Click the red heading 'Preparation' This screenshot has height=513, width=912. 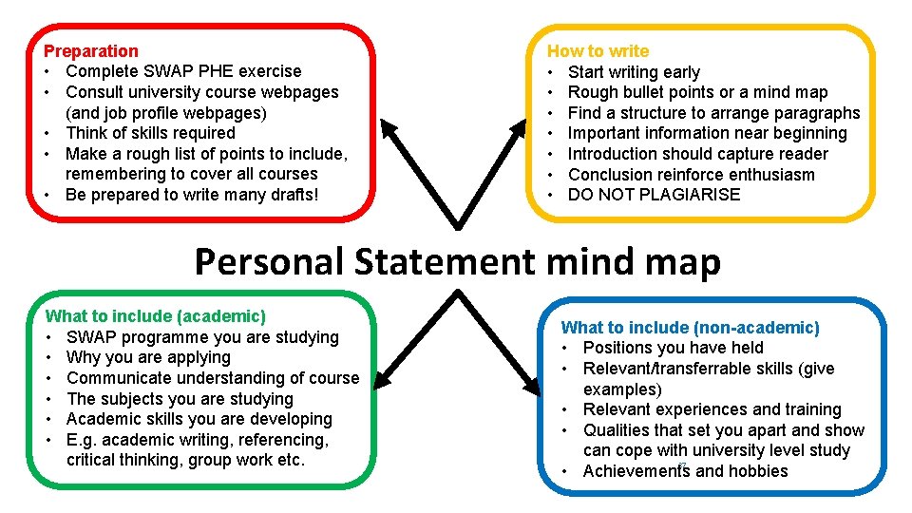[91, 51]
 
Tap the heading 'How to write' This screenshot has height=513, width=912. [598, 51]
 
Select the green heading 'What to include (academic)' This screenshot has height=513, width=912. [156, 316]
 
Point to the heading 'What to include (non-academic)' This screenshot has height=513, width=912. [691, 328]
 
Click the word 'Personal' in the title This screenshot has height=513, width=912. [268, 261]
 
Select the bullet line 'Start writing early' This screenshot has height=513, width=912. [634, 72]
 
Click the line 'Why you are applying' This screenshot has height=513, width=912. [149, 357]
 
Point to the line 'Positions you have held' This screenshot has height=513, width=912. [674, 348]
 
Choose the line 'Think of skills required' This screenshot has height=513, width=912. [150, 133]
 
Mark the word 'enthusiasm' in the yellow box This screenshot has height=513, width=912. [773, 175]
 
